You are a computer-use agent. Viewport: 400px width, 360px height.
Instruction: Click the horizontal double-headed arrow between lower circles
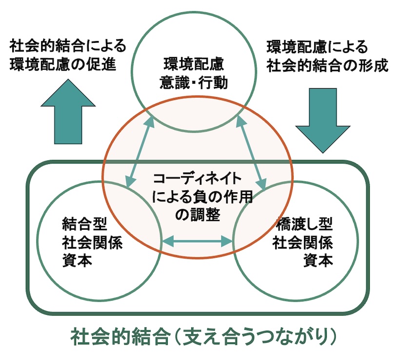point(197,240)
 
